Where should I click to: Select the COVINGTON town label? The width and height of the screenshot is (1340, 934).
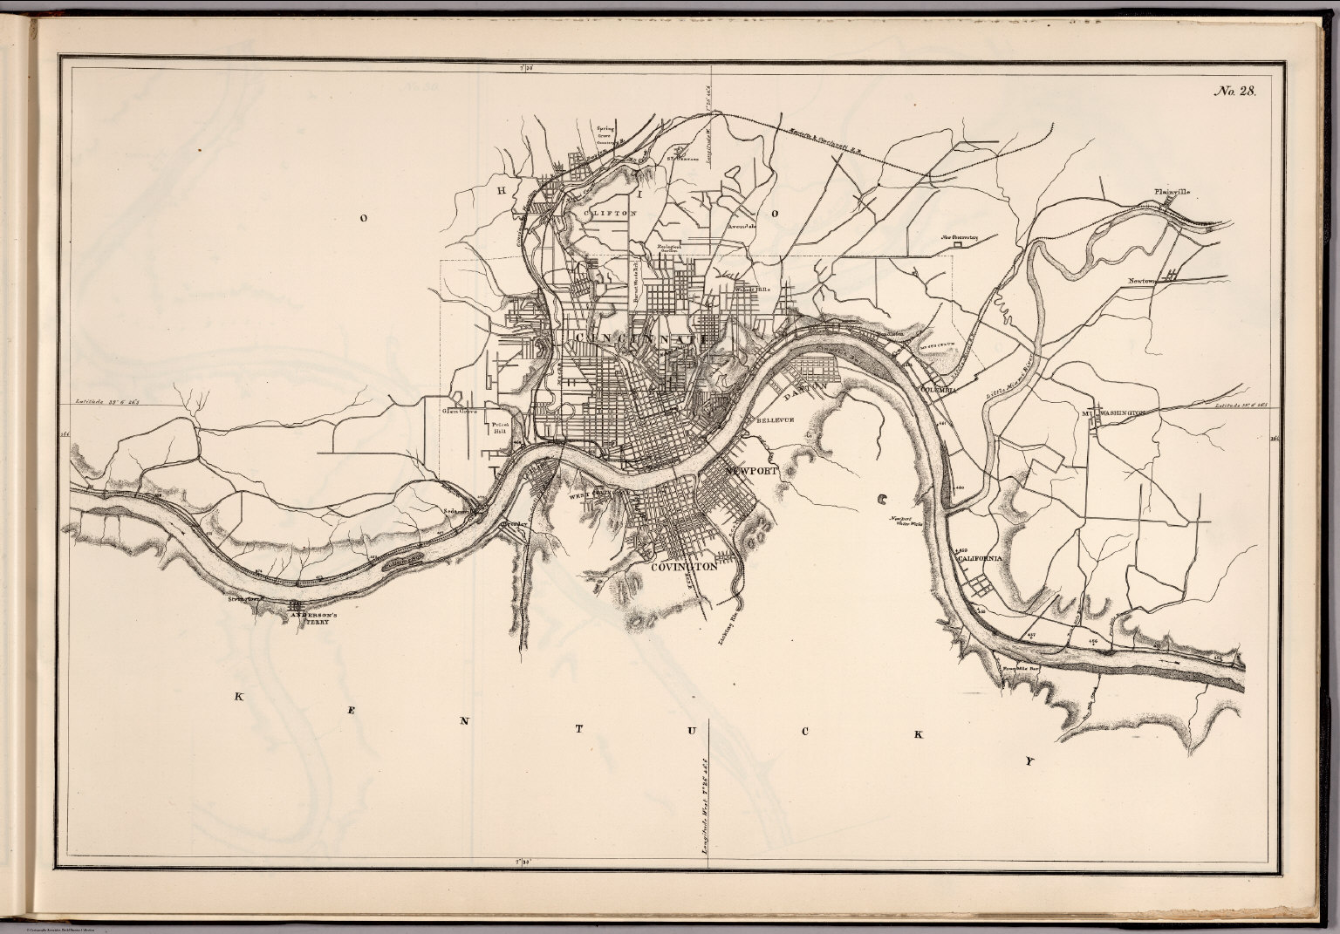tap(684, 566)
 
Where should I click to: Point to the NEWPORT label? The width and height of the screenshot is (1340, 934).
tap(750, 470)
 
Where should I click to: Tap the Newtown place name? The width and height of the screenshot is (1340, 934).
tap(1142, 281)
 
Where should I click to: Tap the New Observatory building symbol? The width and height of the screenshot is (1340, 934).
tap(957, 245)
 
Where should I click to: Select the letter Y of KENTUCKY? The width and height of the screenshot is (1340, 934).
tap(1030, 760)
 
